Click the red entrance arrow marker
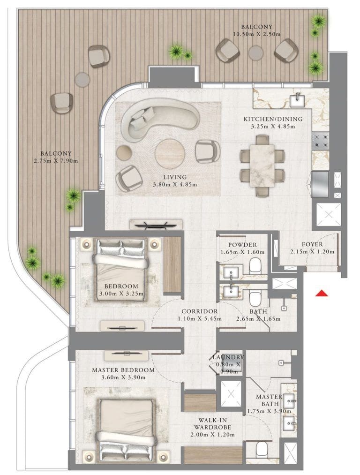click(321, 294)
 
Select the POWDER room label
click(242, 245)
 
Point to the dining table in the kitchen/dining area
click(262, 165)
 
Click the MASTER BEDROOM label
click(123, 370)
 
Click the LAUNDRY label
click(228, 357)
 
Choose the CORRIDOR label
click(199, 311)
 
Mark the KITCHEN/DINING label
click(272, 119)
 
